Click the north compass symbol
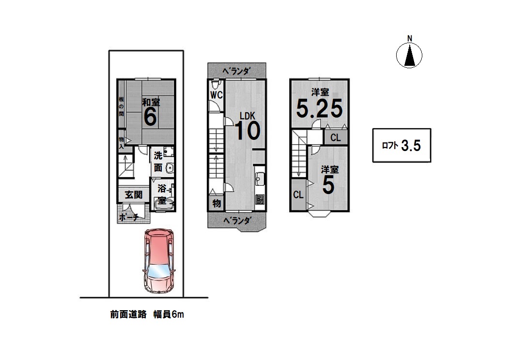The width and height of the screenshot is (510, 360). click(409, 55)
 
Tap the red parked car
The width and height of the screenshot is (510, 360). click(159, 261)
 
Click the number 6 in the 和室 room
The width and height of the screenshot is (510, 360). click(150, 117)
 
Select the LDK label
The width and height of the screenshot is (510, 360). click(247, 116)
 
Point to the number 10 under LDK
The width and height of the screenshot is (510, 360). click(247, 131)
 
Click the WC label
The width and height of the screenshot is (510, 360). click(216, 95)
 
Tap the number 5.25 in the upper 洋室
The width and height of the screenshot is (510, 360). click(319, 108)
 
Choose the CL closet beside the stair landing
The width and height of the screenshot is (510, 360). click(336, 137)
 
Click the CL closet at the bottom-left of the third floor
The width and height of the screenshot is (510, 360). click(298, 195)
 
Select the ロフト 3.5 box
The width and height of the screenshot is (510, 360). click(402, 145)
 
